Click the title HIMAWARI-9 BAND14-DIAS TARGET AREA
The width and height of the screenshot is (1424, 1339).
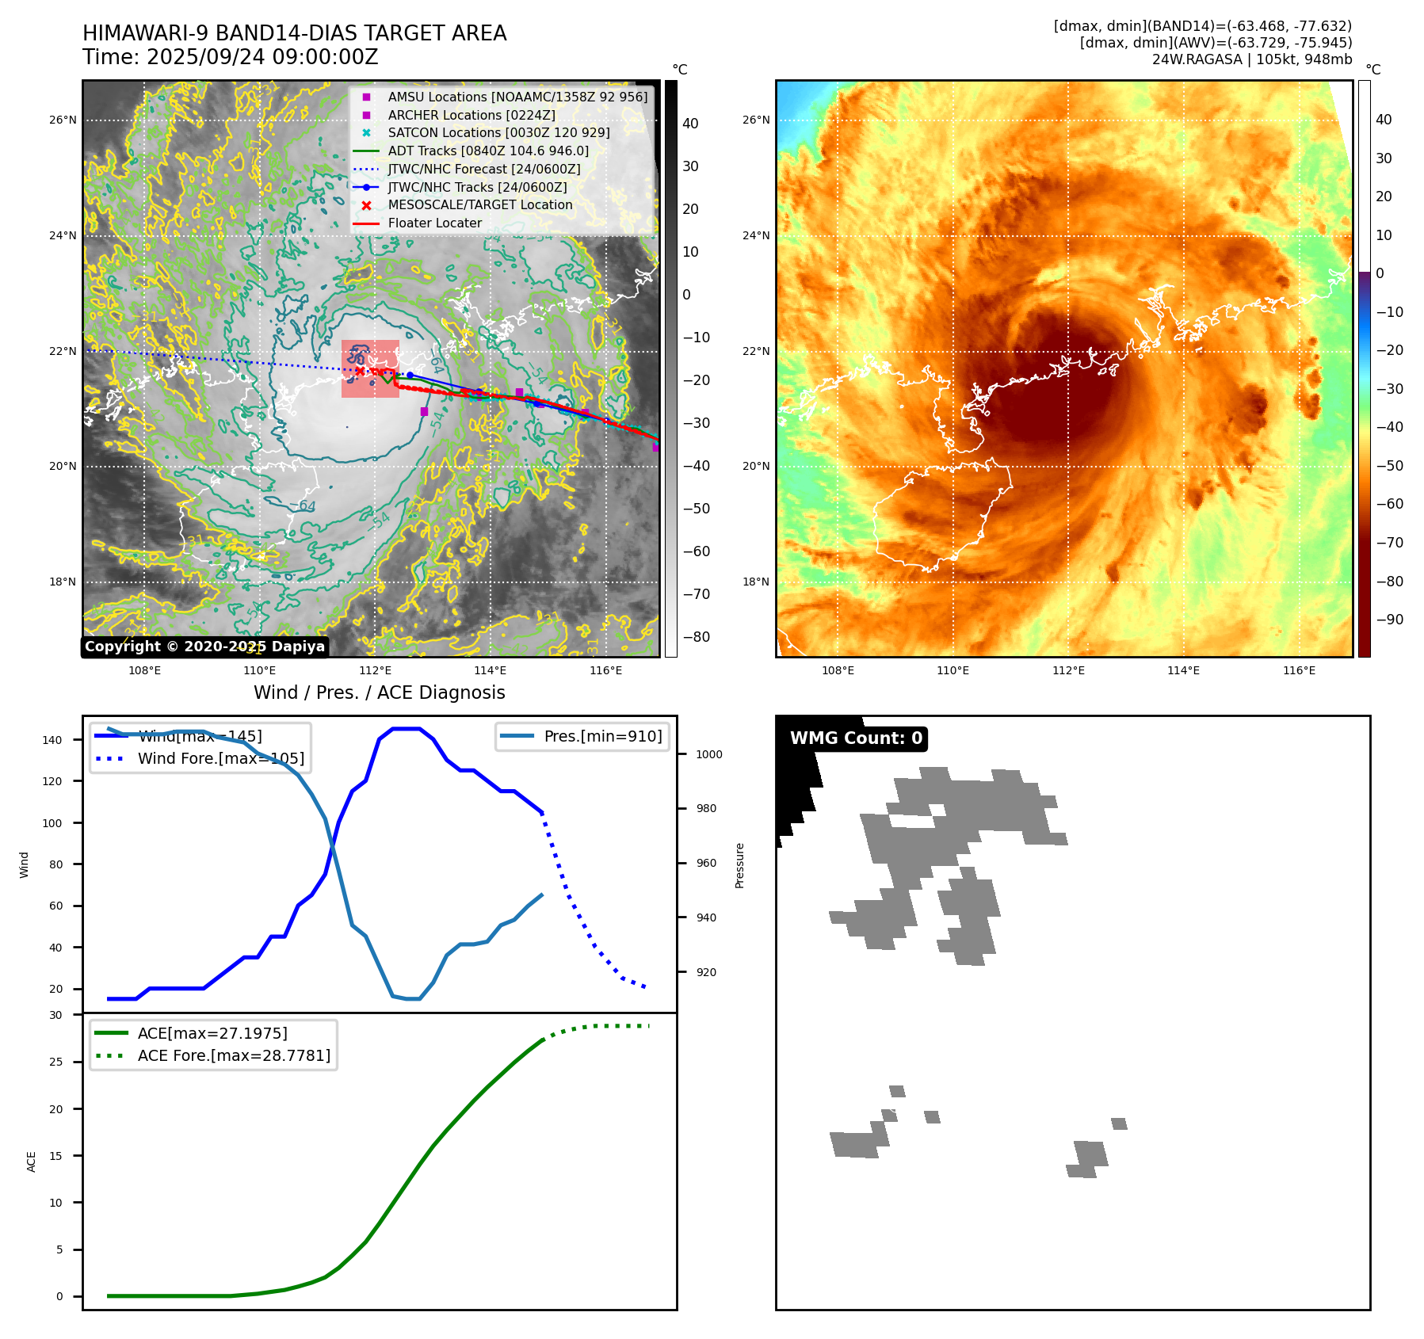[x=294, y=33]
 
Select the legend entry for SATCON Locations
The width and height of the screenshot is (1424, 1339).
[x=498, y=133]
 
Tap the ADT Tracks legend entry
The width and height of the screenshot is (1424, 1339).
[x=488, y=151]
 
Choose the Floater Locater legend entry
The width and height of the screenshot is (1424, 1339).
[x=434, y=223]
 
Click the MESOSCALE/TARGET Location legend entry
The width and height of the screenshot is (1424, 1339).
[x=479, y=205]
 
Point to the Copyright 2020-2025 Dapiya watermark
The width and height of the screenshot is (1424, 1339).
[x=204, y=647]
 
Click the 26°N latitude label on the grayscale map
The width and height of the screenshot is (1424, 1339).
[x=63, y=120]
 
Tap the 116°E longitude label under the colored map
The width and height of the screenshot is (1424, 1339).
[x=1299, y=670]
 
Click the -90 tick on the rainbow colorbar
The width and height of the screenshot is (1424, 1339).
[x=1389, y=620]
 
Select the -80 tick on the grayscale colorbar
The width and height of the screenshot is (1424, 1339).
[x=697, y=637]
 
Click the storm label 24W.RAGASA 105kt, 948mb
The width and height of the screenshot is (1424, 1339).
[x=1251, y=59]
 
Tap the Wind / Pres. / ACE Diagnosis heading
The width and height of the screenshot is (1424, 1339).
[x=379, y=692]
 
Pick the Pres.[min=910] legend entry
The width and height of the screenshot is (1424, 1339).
[x=602, y=736]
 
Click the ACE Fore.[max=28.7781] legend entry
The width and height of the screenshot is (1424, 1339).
[x=234, y=1055]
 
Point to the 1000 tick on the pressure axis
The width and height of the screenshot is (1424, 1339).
[x=708, y=754]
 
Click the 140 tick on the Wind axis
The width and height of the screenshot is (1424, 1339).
[x=52, y=740]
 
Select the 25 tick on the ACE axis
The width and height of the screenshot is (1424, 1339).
[x=56, y=1062]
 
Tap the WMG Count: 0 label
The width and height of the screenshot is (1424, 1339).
[x=856, y=738]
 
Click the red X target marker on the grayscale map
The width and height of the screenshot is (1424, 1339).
[x=360, y=371]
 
